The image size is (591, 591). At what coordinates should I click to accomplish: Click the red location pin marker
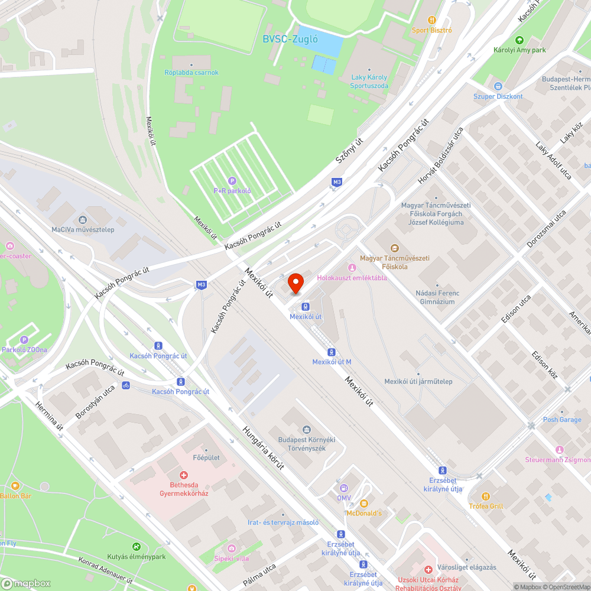295,283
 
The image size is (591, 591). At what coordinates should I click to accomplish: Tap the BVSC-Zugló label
290,40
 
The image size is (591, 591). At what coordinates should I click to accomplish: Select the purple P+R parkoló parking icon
232,181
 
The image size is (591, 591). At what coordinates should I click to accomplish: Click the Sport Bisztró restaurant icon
432,20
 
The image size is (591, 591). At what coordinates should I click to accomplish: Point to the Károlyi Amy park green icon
519,40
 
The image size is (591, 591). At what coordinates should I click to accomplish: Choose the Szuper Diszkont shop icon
498,86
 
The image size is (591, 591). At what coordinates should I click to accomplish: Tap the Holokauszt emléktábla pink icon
352,268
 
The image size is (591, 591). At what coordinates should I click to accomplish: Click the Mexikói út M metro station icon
332,352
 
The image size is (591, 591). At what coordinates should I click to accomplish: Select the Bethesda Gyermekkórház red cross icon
184,475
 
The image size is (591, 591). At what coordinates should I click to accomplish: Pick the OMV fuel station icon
343,488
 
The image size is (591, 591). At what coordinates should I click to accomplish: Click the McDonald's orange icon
363,504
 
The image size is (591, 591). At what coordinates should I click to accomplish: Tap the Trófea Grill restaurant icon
485,496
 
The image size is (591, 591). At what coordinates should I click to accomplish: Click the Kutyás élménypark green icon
137,547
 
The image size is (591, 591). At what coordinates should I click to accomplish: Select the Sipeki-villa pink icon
231,548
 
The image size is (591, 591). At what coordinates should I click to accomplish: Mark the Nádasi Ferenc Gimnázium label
437,297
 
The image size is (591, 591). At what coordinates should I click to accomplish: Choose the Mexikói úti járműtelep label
418,381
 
